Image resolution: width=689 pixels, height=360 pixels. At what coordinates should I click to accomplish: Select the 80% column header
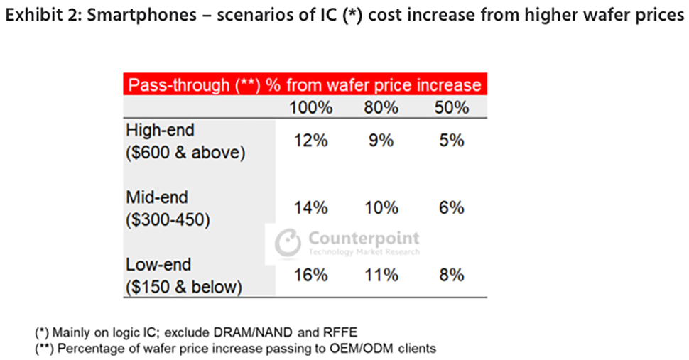click(381, 109)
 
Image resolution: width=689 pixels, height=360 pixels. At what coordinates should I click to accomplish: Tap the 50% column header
click(452, 109)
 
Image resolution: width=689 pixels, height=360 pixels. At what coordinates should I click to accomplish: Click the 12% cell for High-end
click(310, 141)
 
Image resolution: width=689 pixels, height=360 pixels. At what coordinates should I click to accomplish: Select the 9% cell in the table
click(381, 141)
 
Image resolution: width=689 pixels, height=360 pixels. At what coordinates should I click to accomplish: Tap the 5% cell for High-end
click(452, 141)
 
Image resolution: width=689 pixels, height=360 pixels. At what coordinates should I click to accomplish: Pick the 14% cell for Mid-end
click(310, 208)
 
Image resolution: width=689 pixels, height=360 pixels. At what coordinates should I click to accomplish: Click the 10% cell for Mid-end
click(381, 208)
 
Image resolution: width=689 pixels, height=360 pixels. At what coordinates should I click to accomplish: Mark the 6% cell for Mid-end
click(452, 208)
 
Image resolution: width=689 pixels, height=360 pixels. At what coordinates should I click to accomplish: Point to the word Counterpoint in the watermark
click(364, 238)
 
